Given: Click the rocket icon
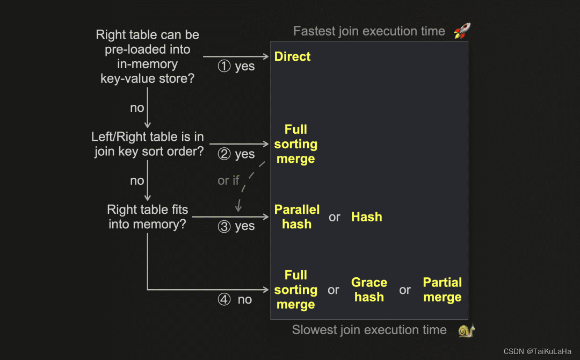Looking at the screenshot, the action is point(462,31).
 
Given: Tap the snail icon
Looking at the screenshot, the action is point(467,330).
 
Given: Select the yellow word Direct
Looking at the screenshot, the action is point(292,56).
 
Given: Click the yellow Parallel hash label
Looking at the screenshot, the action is point(296,217).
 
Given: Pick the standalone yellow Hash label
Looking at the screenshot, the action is point(367,217).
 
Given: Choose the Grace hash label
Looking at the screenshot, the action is point(369,290).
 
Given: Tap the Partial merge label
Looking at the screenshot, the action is point(443,290).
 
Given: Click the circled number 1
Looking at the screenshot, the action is point(224,66).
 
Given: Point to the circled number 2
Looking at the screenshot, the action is point(224,154).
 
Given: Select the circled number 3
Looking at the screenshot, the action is point(224,226).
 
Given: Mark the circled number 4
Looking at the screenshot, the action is point(224,299).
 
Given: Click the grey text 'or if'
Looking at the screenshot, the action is point(228,181).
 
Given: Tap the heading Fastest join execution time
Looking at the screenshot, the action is point(369,31).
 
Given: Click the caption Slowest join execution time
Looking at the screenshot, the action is point(369,330).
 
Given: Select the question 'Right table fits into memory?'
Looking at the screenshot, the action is point(147,217).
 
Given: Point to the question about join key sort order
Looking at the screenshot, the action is point(148,144).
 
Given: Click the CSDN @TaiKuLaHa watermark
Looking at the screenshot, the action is point(537,351).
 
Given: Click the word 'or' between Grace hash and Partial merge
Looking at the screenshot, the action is point(405,290).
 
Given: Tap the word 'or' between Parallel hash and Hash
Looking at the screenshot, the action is point(335,217).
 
